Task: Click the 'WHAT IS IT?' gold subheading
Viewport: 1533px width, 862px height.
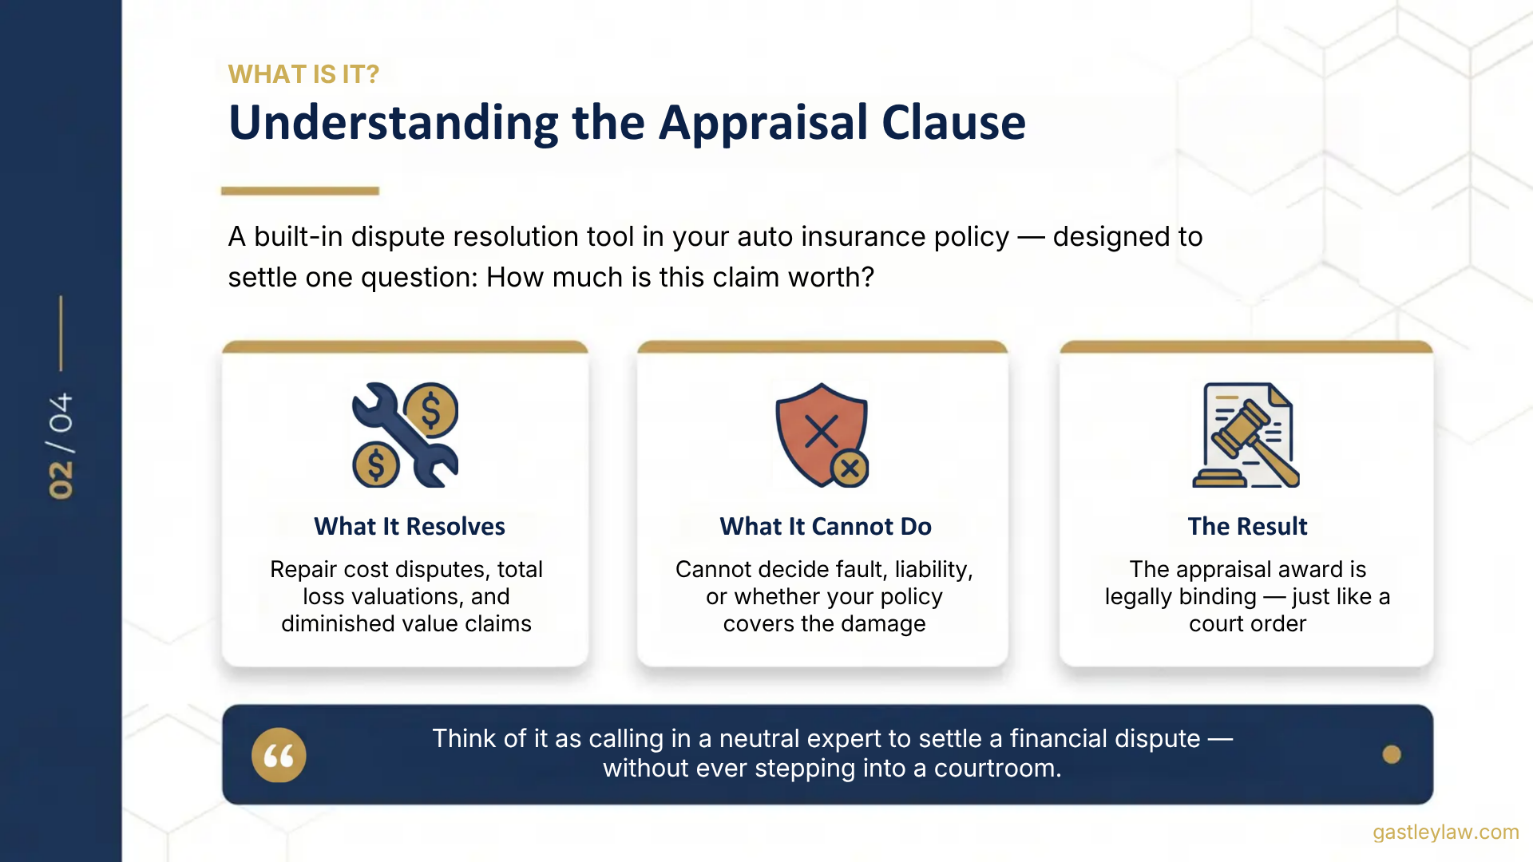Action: pos(303,74)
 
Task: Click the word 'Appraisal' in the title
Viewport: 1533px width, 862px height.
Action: pos(763,123)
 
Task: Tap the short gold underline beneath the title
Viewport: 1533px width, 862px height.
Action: pos(299,191)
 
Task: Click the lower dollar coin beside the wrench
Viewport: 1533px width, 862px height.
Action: pos(376,465)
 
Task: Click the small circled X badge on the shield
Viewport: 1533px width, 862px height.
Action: pos(850,469)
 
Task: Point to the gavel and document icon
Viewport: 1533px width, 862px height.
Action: pos(1246,435)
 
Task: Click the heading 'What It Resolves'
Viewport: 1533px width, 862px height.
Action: pos(409,527)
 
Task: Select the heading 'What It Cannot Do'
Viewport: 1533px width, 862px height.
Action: pos(825,527)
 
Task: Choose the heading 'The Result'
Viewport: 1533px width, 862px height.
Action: pos(1246,527)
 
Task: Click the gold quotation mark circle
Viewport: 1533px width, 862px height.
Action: pos(279,755)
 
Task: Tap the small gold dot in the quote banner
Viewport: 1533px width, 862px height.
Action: pos(1391,754)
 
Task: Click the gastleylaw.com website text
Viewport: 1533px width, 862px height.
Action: pos(1445,832)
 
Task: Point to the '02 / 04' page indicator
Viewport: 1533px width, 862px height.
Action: pos(61,446)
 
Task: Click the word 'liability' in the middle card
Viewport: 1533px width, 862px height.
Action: pos(932,570)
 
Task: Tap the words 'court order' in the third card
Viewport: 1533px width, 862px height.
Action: pos(1247,624)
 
